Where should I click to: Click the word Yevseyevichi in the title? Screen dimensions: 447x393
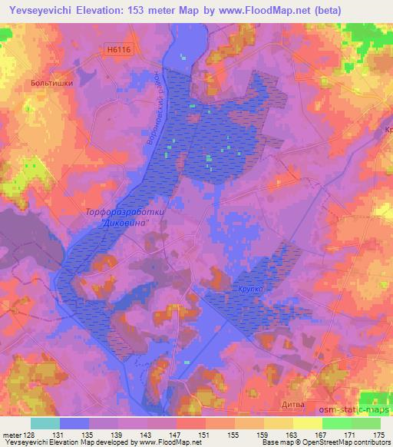pyautogui.click(x=41, y=9)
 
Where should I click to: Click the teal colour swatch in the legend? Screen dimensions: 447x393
pyautogui.click(x=45, y=423)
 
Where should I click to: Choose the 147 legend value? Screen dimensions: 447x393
pyautogui.click(x=176, y=434)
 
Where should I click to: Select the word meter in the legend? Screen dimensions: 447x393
pyautogui.click(x=12, y=434)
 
